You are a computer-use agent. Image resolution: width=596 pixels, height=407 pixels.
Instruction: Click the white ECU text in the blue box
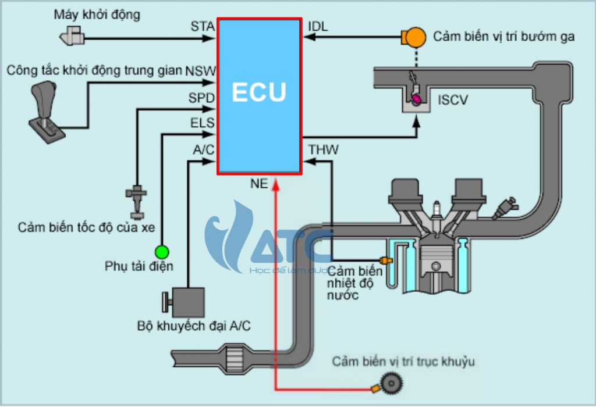pyautogui.click(x=259, y=92)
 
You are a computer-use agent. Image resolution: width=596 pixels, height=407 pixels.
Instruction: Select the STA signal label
pyautogui.click(x=203, y=26)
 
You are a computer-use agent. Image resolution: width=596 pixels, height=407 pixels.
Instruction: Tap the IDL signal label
pyautogui.click(x=317, y=26)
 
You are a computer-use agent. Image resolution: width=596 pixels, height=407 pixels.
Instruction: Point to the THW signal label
pyautogui.click(x=324, y=150)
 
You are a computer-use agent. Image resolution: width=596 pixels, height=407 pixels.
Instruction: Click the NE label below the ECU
pyautogui.click(x=259, y=184)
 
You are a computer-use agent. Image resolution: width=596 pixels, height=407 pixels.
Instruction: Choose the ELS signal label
pyautogui.click(x=202, y=123)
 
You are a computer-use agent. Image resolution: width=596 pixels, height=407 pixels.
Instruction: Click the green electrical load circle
pyautogui.click(x=161, y=252)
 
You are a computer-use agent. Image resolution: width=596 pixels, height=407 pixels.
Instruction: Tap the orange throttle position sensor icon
pyautogui.click(x=414, y=37)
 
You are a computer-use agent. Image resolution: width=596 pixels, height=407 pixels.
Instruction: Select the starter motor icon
pyautogui.click(x=72, y=37)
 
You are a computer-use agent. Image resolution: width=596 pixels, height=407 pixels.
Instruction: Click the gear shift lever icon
pyautogui.click(x=45, y=108)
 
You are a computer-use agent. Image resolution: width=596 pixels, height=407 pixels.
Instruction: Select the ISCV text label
pyautogui.click(x=453, y=101)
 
